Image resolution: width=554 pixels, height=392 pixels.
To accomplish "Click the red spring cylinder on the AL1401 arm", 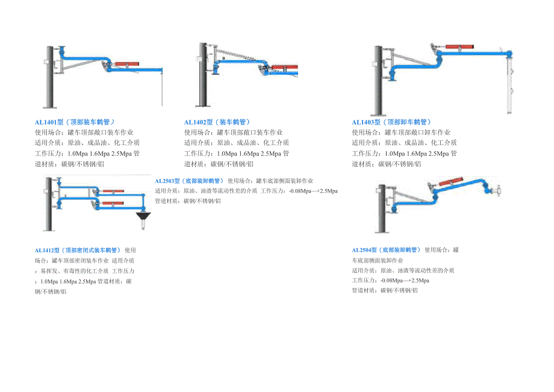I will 127,63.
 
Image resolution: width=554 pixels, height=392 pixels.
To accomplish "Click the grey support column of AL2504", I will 381,208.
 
